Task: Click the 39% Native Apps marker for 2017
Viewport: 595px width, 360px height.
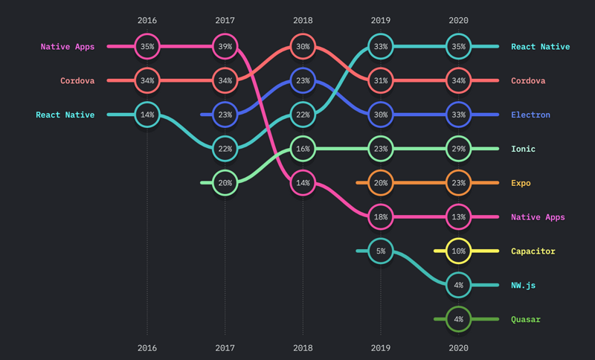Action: [225, 46]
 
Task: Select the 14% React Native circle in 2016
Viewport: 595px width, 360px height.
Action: [147, 115]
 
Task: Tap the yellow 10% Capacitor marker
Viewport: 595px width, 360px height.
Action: [459, 251]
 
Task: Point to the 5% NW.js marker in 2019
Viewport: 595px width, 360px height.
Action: [381, 251]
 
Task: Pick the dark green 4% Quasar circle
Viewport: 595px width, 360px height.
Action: [459, 319]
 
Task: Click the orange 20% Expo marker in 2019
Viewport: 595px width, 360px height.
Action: [381, 183]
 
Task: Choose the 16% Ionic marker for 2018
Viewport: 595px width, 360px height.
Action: [303, 149]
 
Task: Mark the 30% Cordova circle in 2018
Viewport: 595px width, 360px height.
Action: [303, 46]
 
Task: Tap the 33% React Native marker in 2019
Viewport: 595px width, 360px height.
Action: [381, 46]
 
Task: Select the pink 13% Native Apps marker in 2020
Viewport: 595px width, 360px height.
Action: [459, 217]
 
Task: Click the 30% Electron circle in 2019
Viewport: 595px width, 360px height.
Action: [381, 115]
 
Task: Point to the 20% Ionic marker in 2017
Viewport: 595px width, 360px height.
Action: [225, 183]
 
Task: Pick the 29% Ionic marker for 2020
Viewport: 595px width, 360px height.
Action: [459, 149]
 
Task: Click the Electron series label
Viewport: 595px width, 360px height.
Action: [530, 115]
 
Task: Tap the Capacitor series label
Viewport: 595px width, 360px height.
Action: [533, 251]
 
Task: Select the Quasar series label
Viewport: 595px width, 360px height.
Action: [526, 320]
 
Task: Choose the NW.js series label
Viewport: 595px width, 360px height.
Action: [524, 286]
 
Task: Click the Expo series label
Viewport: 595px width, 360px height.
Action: [521, 183]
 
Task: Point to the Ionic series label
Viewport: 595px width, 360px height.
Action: [523, 149]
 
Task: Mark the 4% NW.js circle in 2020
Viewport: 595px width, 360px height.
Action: [459, 285]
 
